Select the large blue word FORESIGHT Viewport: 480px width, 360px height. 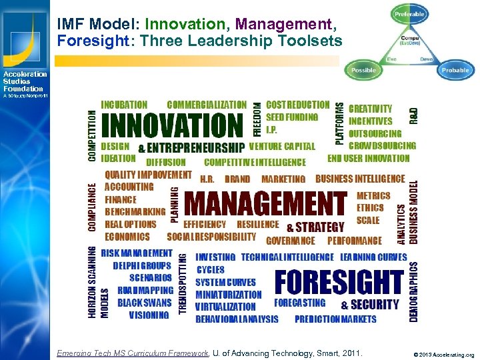pyautogui.click(x=339, y=282)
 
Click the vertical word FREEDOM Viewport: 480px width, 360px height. pyautogui.click(x=257, y=118)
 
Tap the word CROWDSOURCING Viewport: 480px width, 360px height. pyautogui.click(x=382, y=145)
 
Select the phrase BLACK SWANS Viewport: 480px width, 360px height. pyautogui.click(x=144, y=303)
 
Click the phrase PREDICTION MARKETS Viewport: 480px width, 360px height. pyautogui.click(x=335, y=319)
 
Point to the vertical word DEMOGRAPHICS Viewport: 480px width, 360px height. pyautogui.click(x=413, y=292)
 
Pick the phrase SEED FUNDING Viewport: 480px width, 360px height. pyautogui.click(x=292, y=117)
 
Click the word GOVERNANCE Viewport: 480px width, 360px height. pyautogui.click(x=290, y=241)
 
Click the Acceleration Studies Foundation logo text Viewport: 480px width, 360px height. pyautogui.click(x=25, y=81)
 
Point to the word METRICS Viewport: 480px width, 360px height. pyautogui.click(x=373, y=196)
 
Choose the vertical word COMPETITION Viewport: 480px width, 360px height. pyautogui.click(x=92, y=135)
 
